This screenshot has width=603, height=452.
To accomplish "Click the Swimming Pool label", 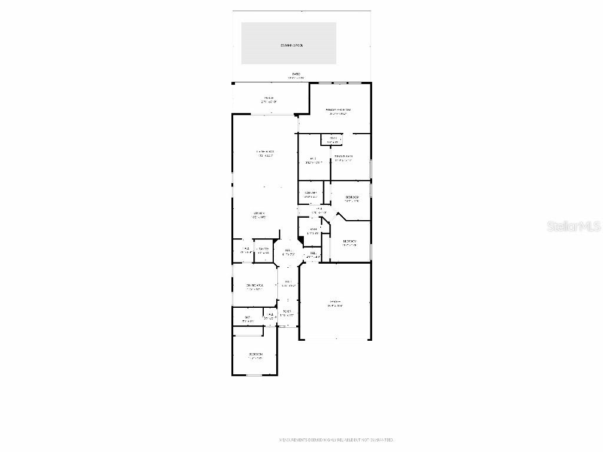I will click(289, 45).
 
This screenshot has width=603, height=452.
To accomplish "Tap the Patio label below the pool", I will click(296, 74).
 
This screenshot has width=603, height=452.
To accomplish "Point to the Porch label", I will click(269, 98).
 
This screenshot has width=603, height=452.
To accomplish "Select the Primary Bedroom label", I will click(339, 110).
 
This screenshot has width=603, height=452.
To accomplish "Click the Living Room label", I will click(266, 152).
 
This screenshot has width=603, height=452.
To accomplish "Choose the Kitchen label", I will click(259, 214).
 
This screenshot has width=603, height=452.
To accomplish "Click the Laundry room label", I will click(310, 193).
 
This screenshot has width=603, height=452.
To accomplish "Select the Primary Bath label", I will click(343, 157).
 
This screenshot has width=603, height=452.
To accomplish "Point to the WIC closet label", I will click(313, 158).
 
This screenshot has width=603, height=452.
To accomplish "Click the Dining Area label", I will click(254, 286).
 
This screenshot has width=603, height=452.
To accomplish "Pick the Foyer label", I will click(287, 311).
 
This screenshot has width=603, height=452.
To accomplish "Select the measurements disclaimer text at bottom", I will click(336, 440).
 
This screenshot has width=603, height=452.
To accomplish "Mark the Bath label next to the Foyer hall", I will click(247, 318).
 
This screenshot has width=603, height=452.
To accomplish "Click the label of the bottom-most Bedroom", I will click(255, 354).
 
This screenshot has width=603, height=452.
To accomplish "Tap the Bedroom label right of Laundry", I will click(352, 197).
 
